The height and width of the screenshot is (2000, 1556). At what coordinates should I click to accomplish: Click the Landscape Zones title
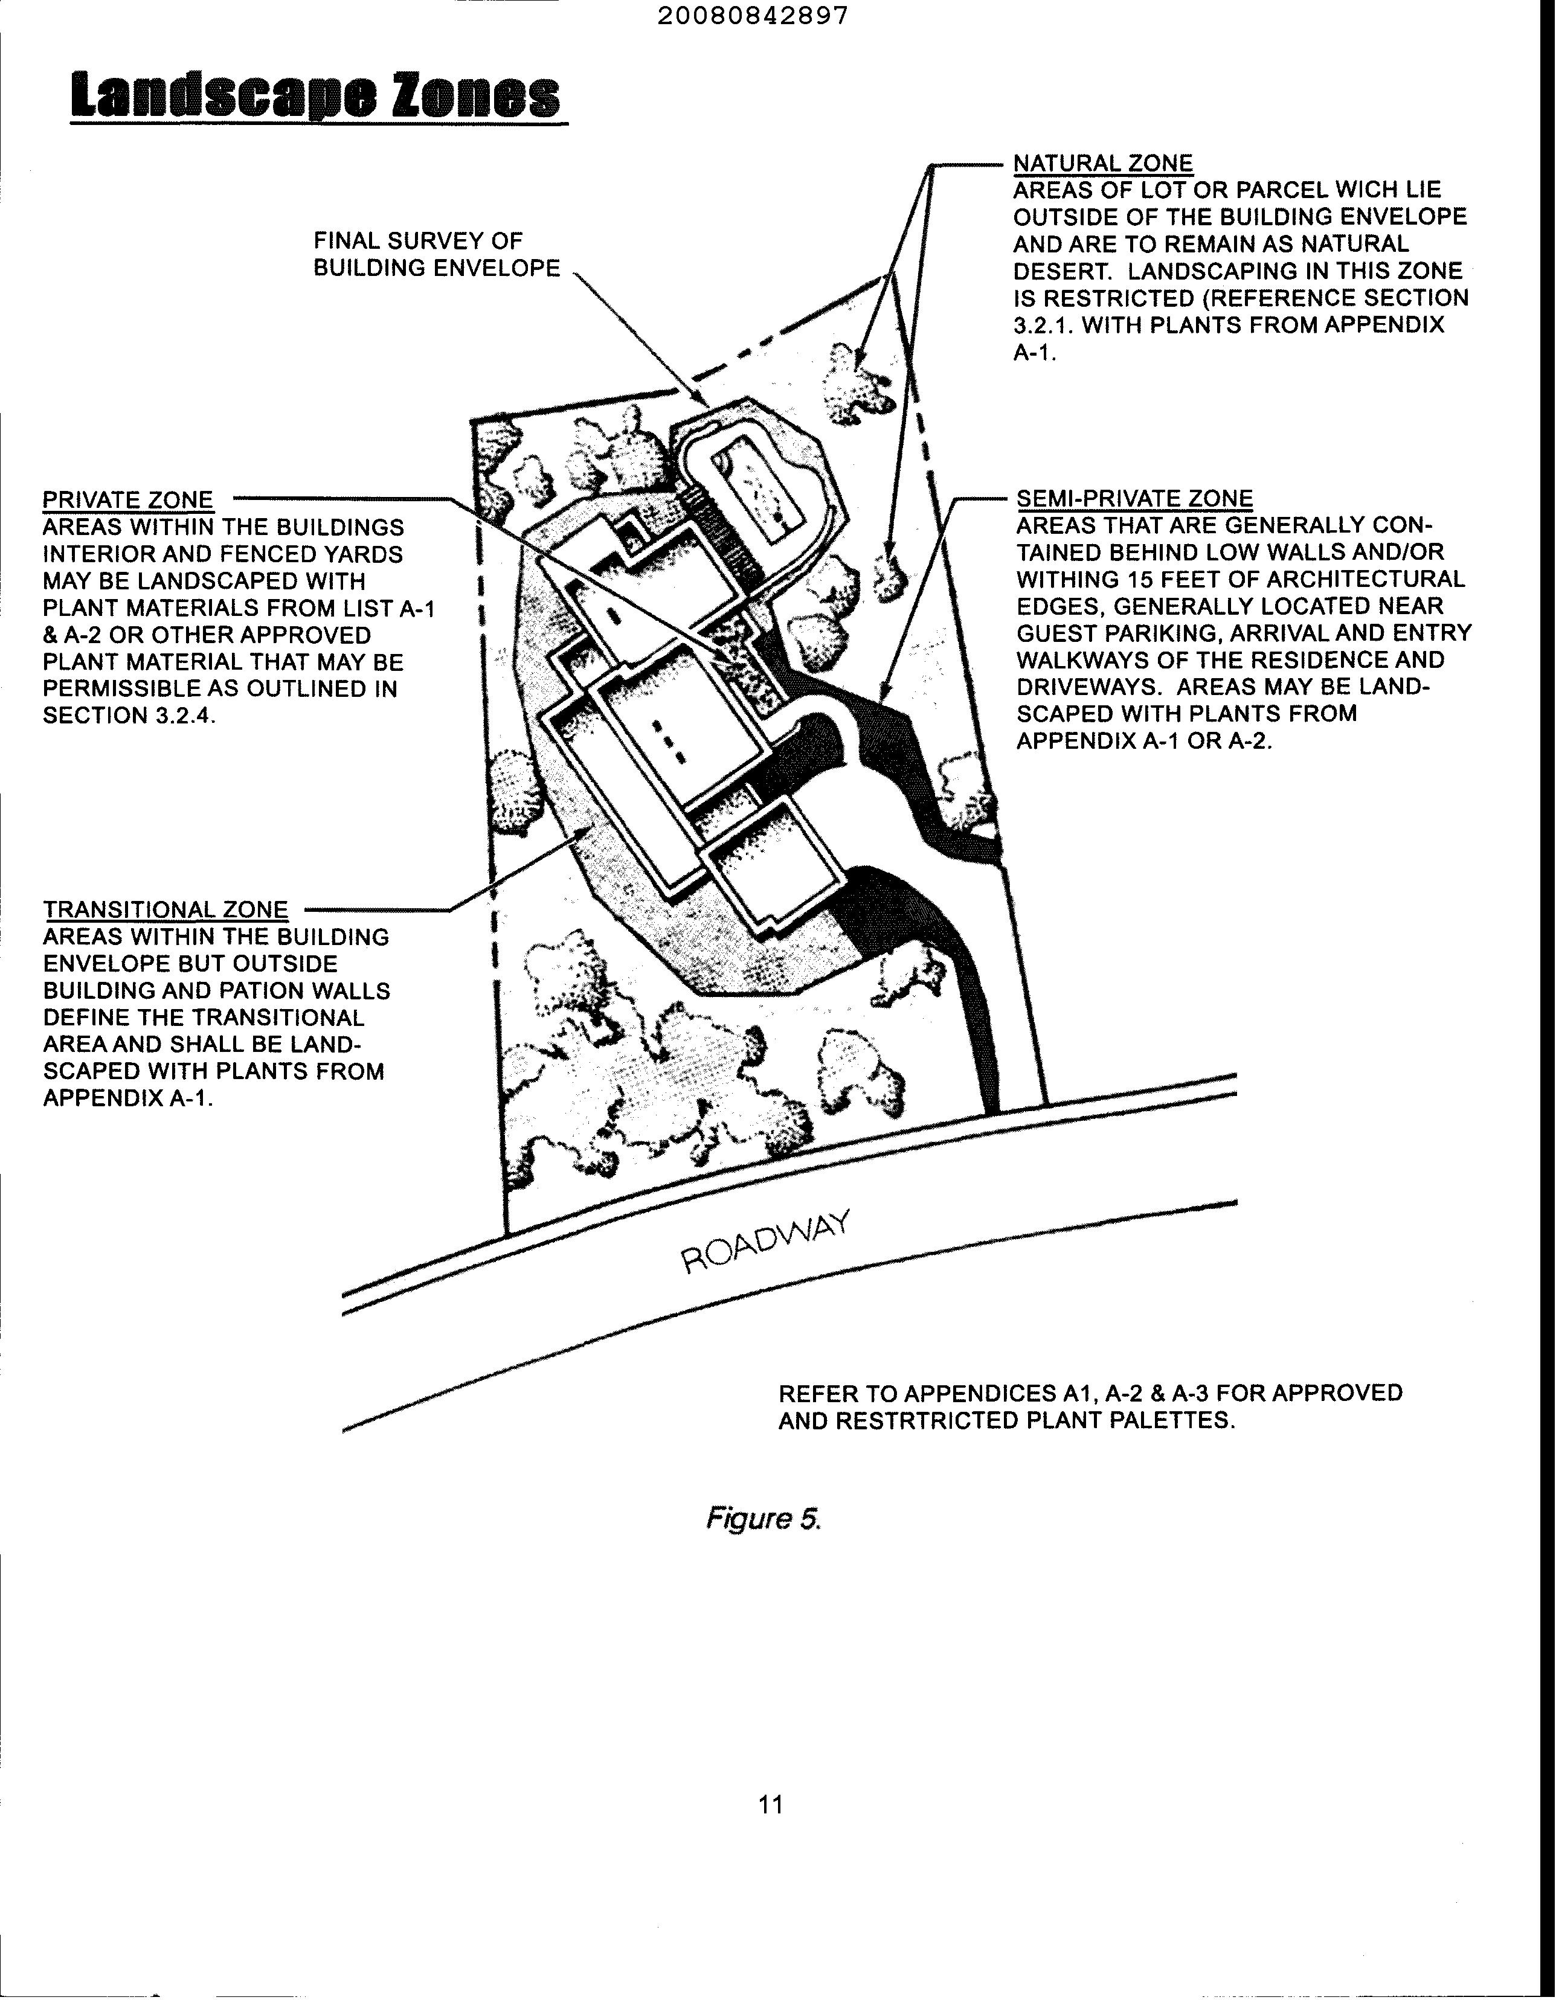coord(316,97)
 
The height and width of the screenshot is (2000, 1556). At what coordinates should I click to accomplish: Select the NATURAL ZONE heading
coord(1102,163)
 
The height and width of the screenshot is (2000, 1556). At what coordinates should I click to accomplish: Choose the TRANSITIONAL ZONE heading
coord(166,909)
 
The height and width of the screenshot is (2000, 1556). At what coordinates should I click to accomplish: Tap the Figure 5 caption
coord(763,1519)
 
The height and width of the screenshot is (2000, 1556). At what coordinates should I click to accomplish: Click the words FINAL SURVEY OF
coord(417,241)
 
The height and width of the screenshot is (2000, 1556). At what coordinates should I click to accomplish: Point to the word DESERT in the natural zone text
coord(1063,272)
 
